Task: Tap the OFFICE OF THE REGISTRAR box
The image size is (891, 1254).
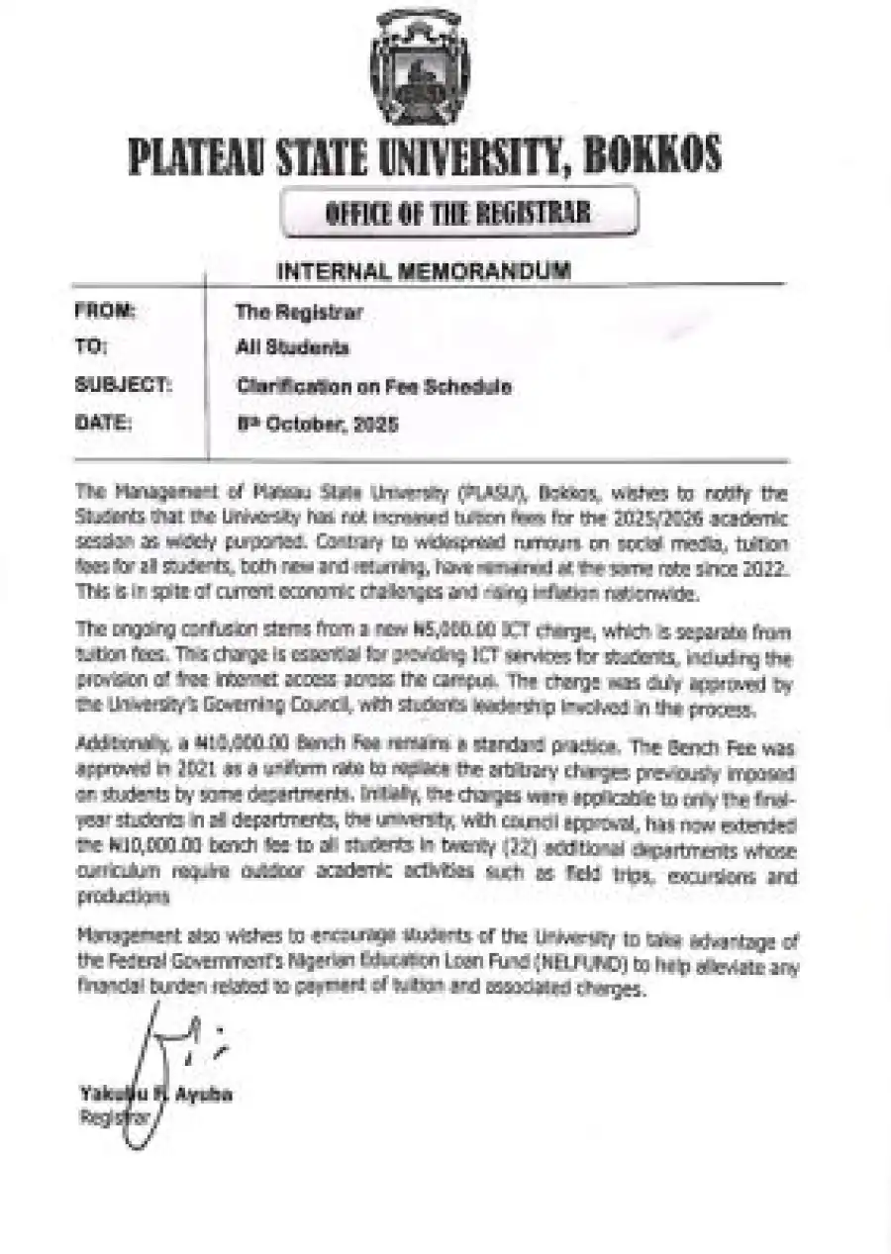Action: click(458, 212)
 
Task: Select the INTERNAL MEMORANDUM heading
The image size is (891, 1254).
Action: click(423, 269)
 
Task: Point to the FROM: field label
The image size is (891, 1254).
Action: click(105, 312)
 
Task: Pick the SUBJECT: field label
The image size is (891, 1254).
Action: click(123, 386)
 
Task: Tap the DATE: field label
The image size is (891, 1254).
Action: click(103, 424)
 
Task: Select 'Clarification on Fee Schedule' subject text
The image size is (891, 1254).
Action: click(373, 386)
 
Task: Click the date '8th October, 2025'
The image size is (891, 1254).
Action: click(316, 425)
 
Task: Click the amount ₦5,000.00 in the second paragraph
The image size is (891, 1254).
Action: click(430, 633)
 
